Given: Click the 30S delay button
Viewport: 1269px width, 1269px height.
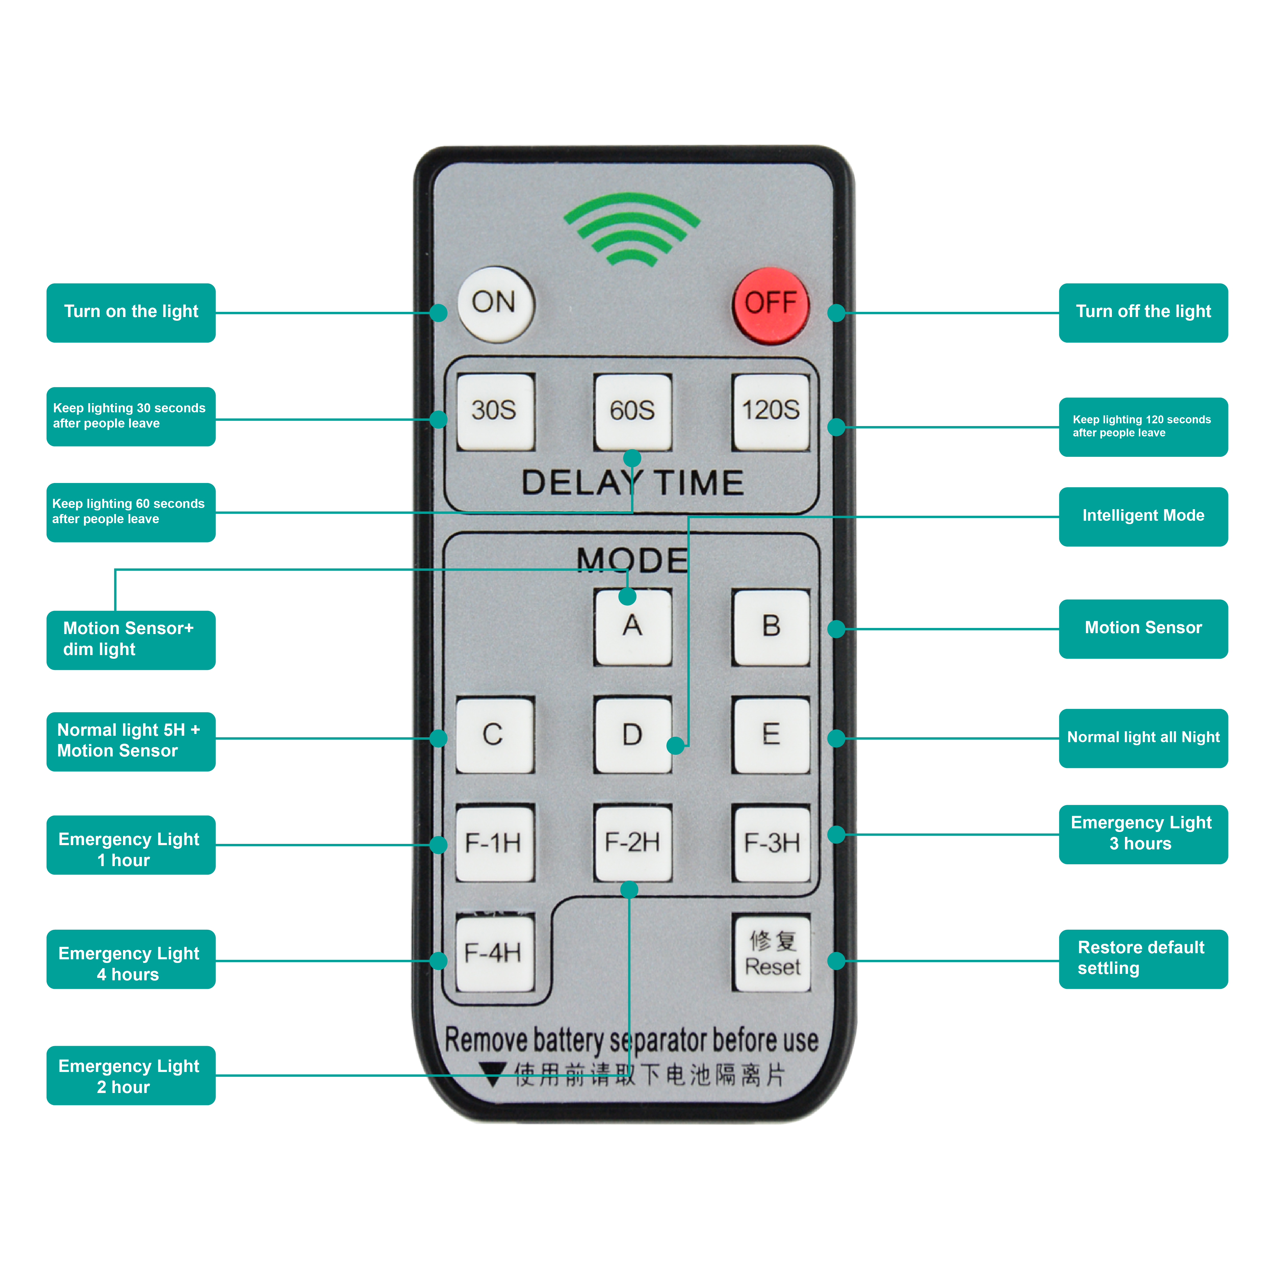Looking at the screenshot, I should (x=495, y=411).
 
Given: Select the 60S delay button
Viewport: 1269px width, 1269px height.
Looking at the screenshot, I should (x=633, y=411).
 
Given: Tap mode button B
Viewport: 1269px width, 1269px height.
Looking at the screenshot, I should (x=771, y=627).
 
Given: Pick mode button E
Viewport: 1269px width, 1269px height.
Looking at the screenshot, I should (x=771, y=735).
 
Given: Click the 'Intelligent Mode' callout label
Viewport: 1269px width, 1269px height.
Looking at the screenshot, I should (x=1143, y=516).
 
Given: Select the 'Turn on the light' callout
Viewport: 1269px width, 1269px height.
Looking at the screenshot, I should (x=131, y=313).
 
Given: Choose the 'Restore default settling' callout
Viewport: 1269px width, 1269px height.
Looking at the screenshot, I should (x=1143, y=959).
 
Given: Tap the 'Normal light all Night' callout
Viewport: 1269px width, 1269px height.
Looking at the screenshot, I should (x=1143, y=738).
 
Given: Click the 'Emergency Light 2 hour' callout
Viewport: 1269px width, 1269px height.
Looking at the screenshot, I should (x=131, y=1075).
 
